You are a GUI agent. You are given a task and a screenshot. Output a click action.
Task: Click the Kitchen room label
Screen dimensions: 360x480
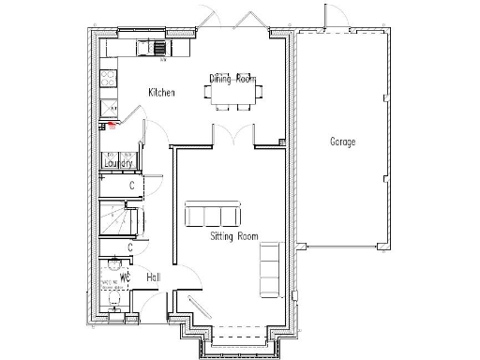click(162, 92)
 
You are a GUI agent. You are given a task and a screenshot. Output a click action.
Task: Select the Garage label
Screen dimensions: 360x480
click(342, 142)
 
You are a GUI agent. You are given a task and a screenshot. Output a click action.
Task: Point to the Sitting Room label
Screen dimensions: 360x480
click(233, 236)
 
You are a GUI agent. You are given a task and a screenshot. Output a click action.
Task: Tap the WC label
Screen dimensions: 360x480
click(122, 277)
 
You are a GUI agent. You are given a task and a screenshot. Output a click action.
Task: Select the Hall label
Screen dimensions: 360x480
click(152, 277)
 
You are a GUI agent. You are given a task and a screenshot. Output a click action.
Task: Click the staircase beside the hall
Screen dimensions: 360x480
click(118, 223)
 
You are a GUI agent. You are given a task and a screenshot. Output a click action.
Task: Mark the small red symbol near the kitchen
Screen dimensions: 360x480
click(111, 123)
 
